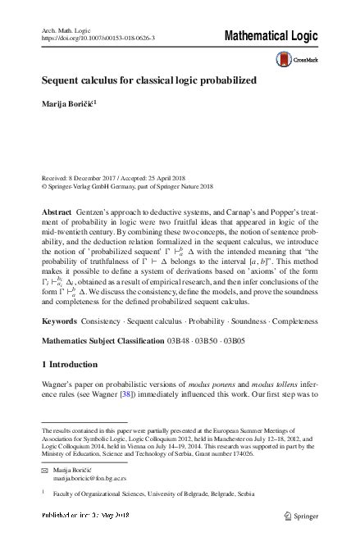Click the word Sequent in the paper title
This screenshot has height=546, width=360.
[x=62, y=83]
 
